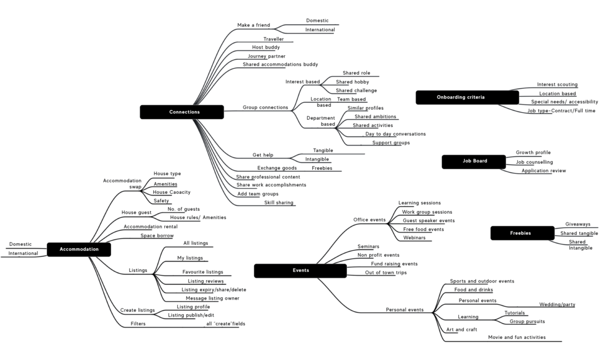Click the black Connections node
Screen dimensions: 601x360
(182, 112)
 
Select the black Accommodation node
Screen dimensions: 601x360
(79, 249)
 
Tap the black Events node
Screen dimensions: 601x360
(300, 270)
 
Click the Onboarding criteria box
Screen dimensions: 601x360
(467, 97)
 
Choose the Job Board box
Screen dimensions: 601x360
(474, 162)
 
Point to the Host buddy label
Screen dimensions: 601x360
(266, 47)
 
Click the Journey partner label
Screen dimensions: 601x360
(266, 56)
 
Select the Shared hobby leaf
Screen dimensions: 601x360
(352, 82)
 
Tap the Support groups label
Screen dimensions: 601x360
(391, 143)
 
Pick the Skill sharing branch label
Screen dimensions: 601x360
(279, 203)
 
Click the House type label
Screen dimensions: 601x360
(167, 174)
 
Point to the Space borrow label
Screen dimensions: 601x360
(157, 235)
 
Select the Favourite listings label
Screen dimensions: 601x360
(202, 272)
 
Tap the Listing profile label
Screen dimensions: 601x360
(193, 307)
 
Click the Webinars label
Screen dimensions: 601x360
(414, 238)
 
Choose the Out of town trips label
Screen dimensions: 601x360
(386, 272)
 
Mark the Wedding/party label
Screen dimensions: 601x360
(558, 304)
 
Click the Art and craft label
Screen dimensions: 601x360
(461, 329)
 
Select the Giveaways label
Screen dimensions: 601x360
(578, 224)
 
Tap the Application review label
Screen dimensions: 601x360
(543, 171)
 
